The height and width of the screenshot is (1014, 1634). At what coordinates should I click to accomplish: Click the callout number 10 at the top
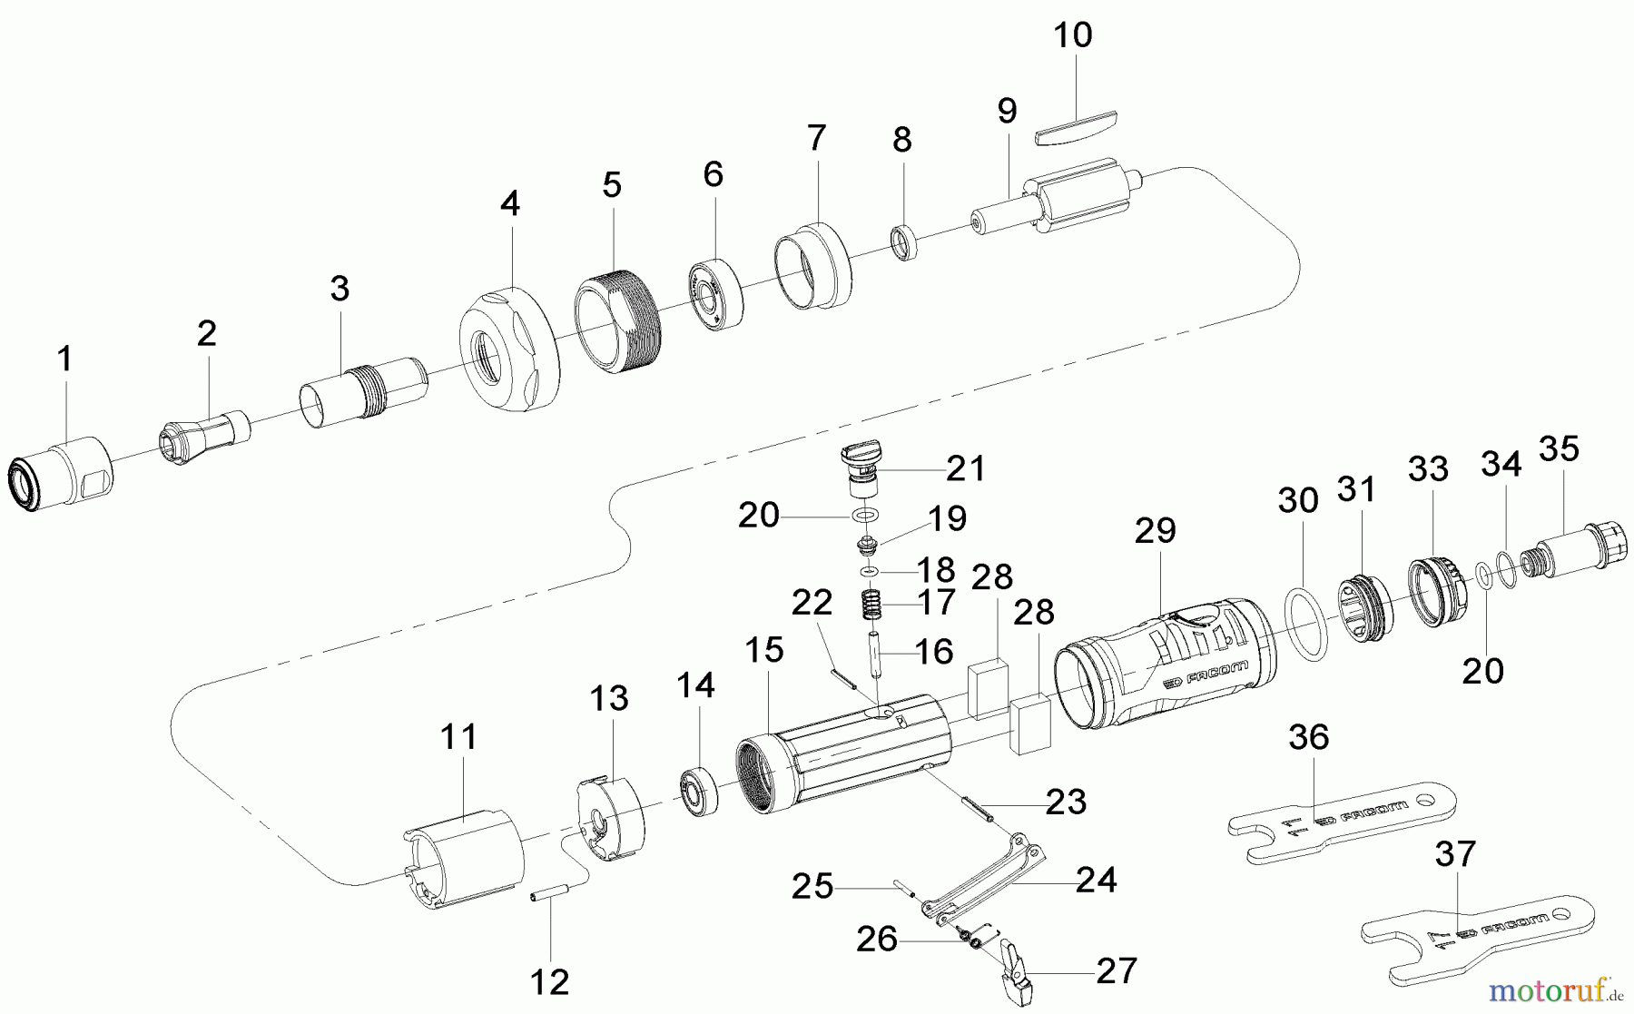coord(1072,36)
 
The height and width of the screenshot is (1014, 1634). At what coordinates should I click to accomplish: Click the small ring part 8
coord(903,243)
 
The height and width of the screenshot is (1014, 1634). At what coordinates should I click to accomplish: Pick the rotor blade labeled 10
coord(1078,125)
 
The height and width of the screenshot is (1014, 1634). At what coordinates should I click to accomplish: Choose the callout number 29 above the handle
coord(1155,531)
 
